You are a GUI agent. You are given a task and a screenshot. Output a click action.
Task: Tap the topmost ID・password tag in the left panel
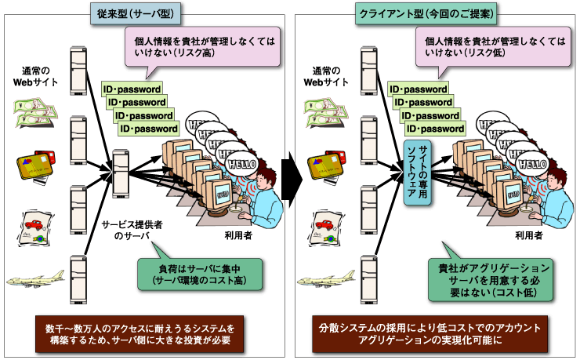pos(132,89)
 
